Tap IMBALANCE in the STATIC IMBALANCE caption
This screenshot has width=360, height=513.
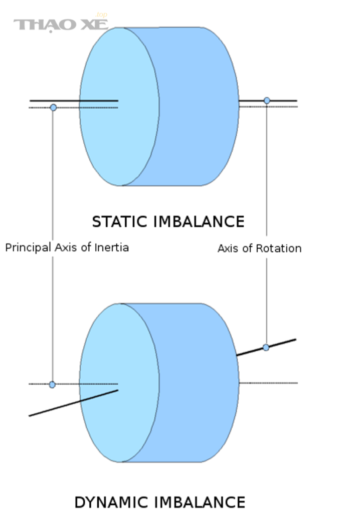[199, 222]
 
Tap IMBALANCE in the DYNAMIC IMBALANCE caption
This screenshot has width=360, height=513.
[200, 502]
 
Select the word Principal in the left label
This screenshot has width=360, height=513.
[28, 247]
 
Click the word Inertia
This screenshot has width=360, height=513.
[111, 247]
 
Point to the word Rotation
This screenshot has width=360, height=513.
[279, 248]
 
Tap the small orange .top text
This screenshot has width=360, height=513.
[101, 15]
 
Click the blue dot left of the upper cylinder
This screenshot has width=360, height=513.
[53, 107]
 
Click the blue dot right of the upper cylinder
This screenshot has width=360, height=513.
[267, 100]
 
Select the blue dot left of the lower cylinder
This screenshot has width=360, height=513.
[52, 385]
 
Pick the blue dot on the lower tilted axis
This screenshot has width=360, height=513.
[266, 348]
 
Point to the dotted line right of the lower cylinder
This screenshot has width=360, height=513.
[268, 383]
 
